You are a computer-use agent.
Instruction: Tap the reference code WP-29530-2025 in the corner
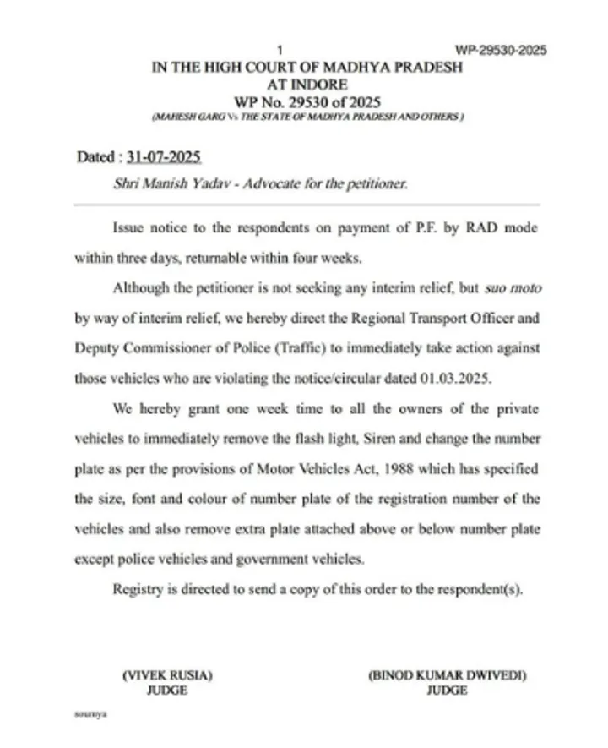499,50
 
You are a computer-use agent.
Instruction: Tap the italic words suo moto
513,287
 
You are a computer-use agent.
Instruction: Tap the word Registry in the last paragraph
137,588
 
